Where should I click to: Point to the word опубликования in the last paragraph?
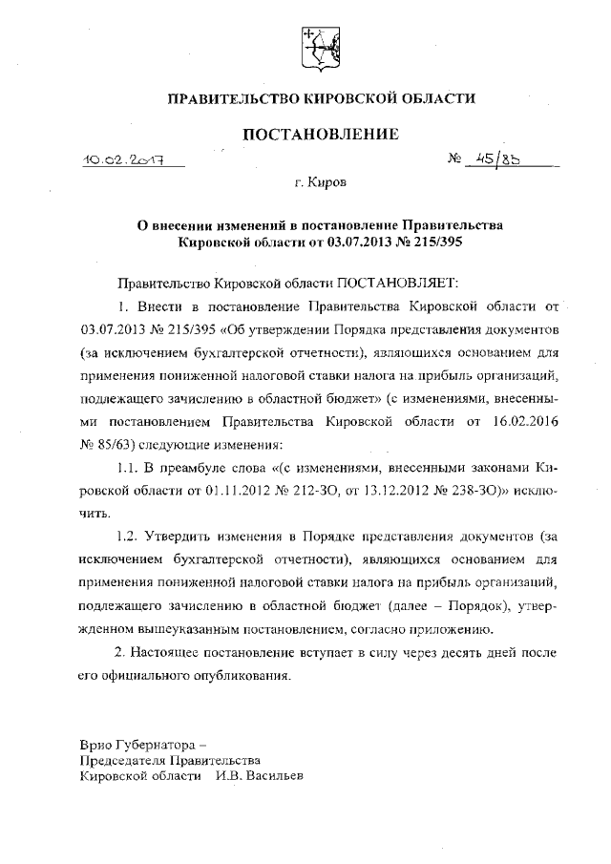click(x=242, y=676)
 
